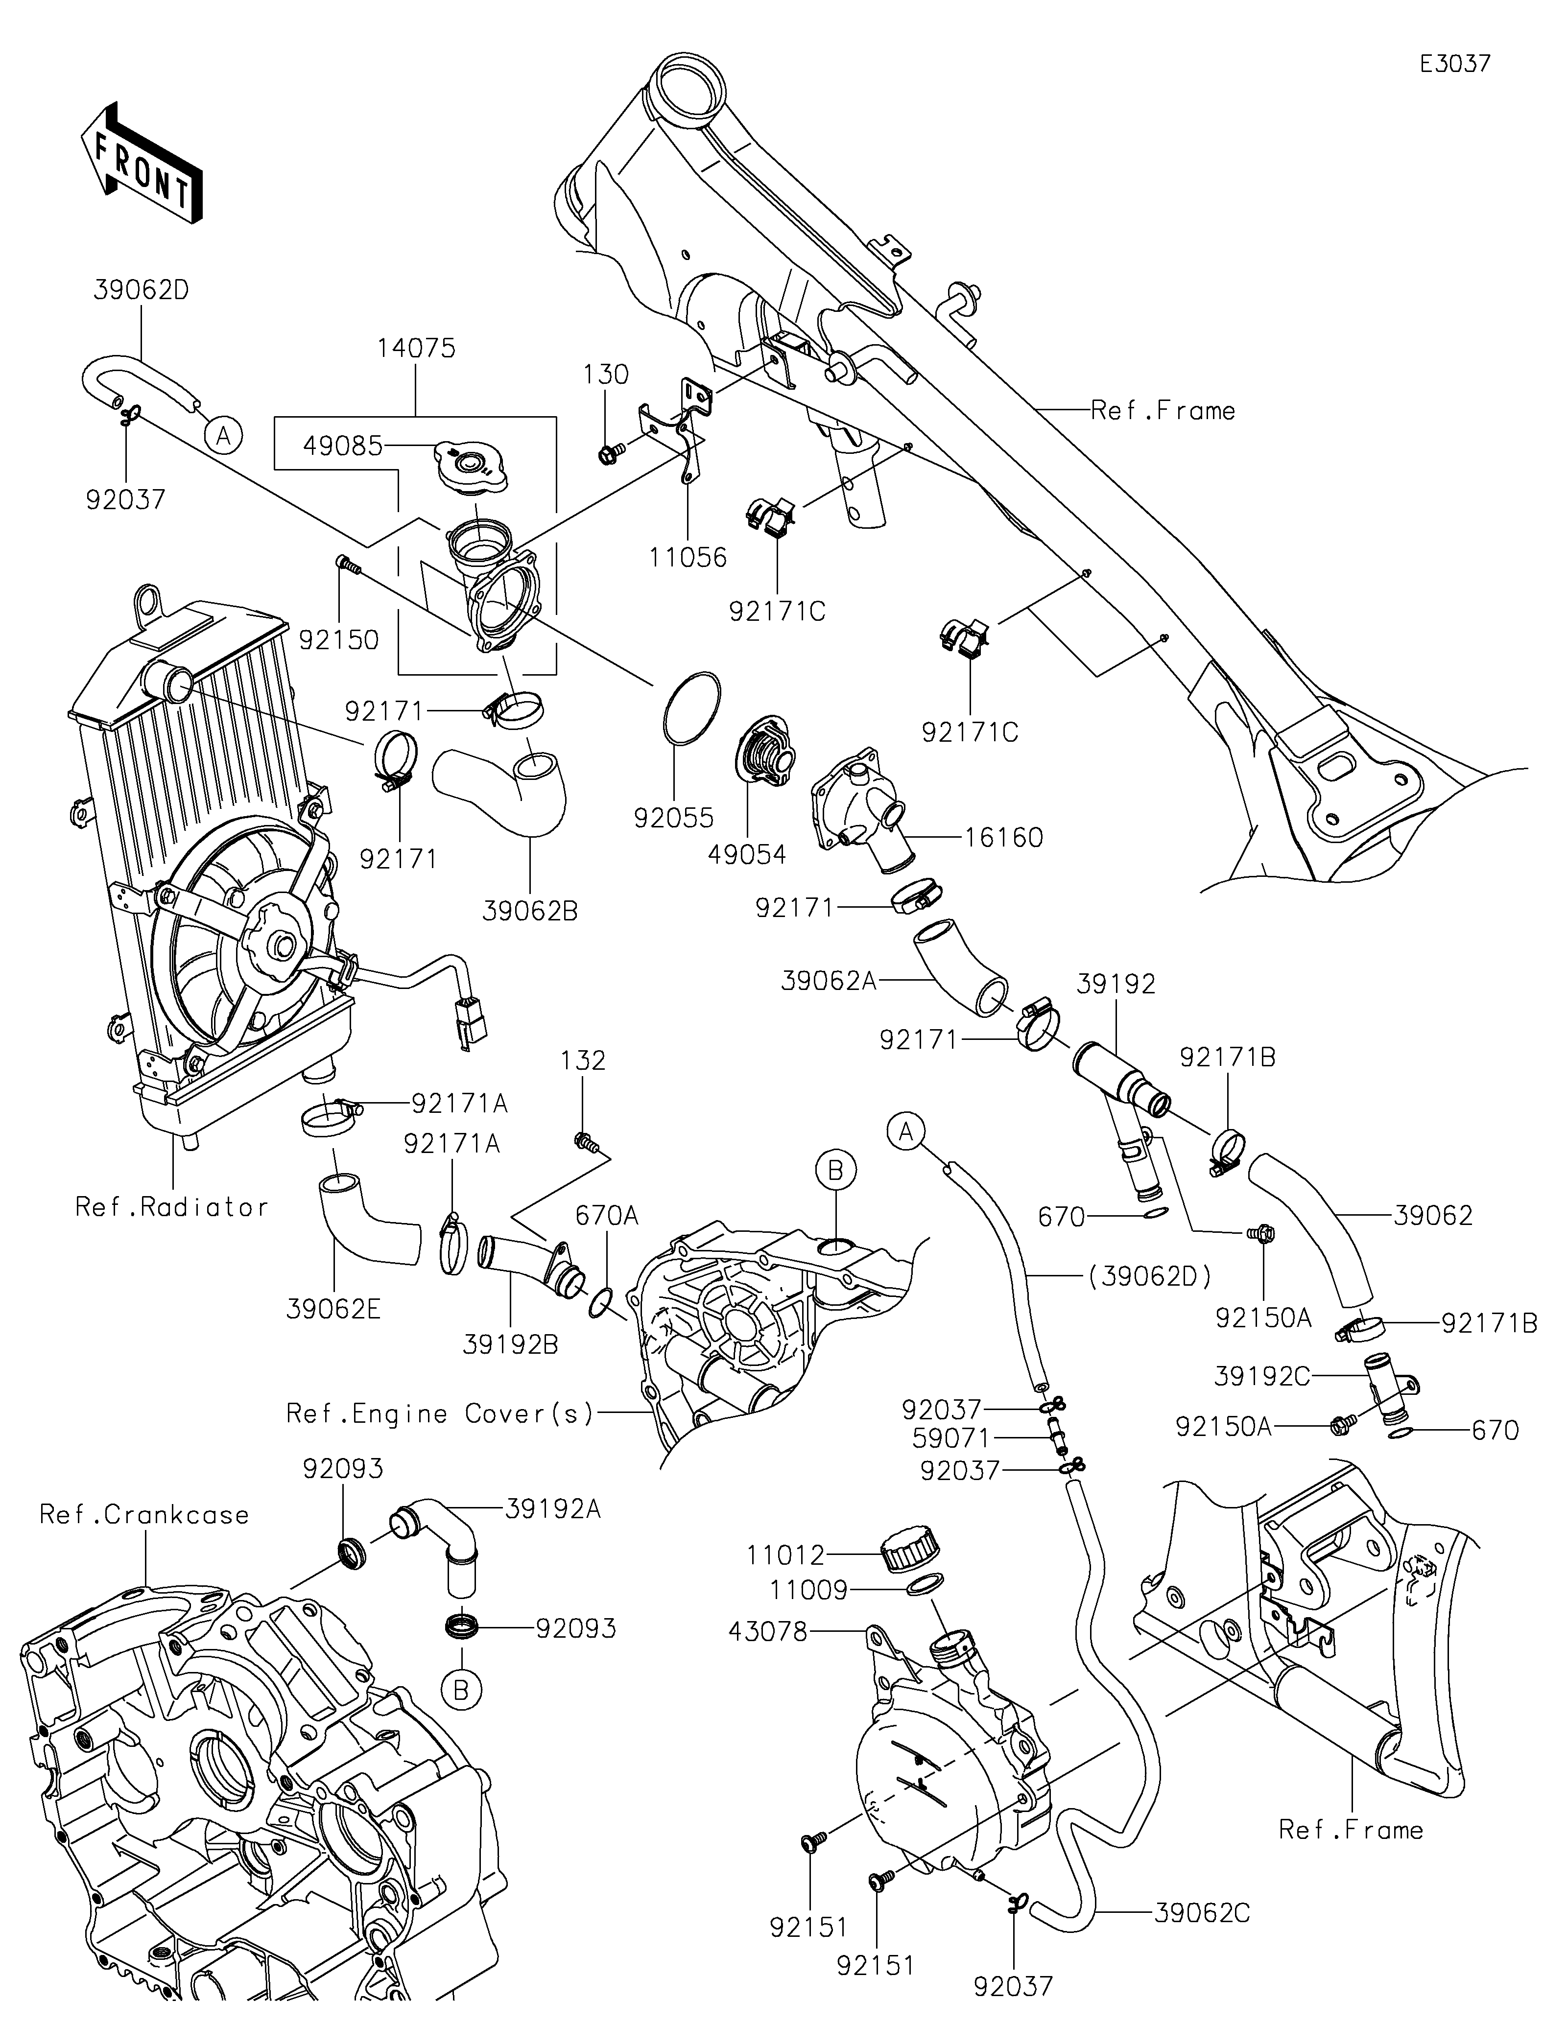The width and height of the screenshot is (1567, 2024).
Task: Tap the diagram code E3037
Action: [x=1455, y=64]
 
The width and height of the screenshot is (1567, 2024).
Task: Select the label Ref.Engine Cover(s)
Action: [x=439, y=1413]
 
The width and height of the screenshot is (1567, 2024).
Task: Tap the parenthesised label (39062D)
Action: [x=1149, y=1277]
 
